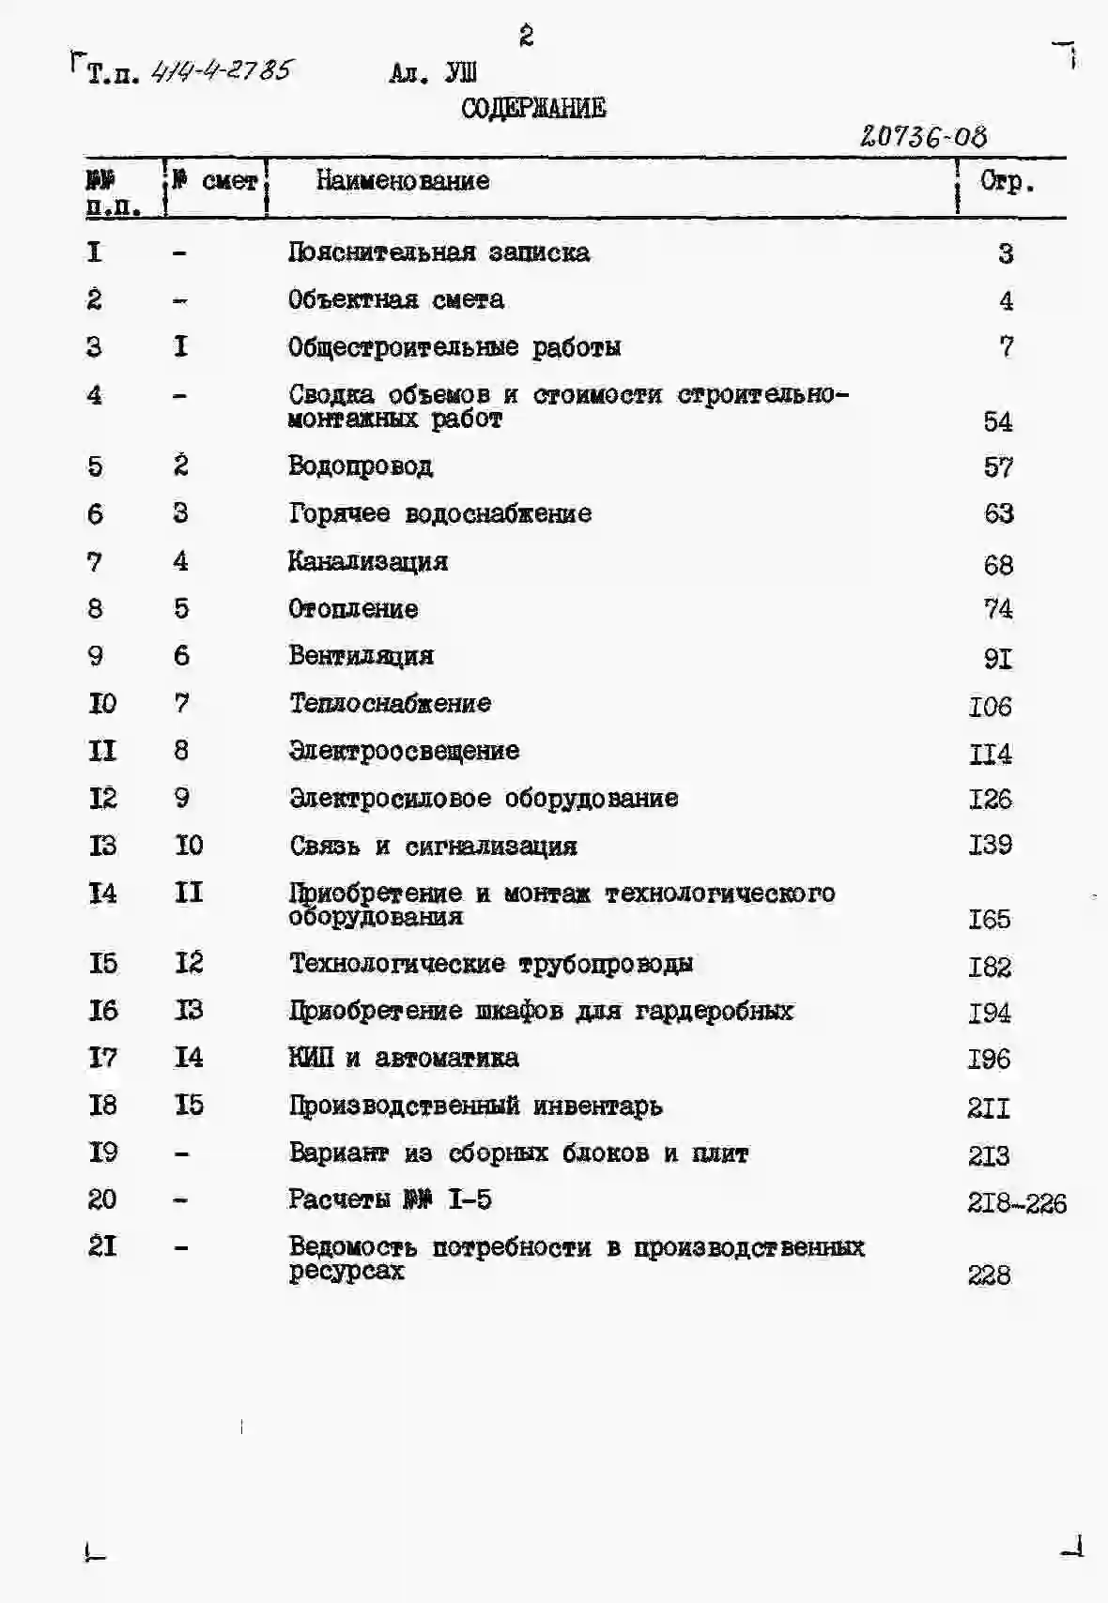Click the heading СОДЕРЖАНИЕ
coord(533,109)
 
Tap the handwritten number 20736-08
coord(923,137)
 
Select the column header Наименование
coord(403,180)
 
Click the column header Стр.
coord(1007,181)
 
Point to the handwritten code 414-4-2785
coord(223,70)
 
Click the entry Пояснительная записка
coord(439,252)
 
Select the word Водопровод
coord(361,466)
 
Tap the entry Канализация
coord(368,561)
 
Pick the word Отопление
coord(353,609)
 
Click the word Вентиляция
coord(361,656)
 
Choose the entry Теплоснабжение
coord(390,703)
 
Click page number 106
coord(991,706)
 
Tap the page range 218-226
coord(1017,1203)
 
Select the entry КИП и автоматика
coord(404,1058)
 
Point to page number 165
coord(990,919)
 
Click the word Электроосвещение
coord(404,751)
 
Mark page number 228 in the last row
coord(989,1275)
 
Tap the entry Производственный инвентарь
coord(475,1106)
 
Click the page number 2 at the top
coord(526,37)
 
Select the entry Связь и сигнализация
coord(433,846)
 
